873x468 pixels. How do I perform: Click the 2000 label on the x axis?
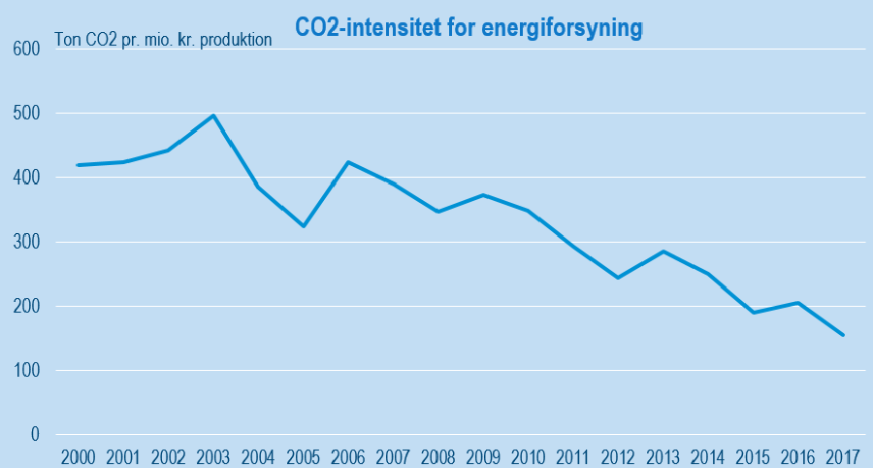click(78, 455)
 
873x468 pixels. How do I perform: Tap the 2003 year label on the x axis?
click(213, 455)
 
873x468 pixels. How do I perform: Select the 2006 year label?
click(348, 455)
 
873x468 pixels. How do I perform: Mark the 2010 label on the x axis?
click(528, 455)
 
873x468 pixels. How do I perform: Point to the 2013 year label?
click(663, 455)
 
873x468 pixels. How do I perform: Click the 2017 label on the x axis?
click(842, 455)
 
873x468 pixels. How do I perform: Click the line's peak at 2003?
click(213, 116)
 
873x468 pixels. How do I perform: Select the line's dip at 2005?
click(304, 226)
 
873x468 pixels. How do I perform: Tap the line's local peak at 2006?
click(348, 162)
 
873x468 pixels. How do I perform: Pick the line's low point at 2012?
click(618, 278)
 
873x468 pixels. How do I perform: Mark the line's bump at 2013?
click(663, 251)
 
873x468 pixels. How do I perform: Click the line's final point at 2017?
click(843, 335)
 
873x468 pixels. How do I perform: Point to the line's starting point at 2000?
click(78, 165)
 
